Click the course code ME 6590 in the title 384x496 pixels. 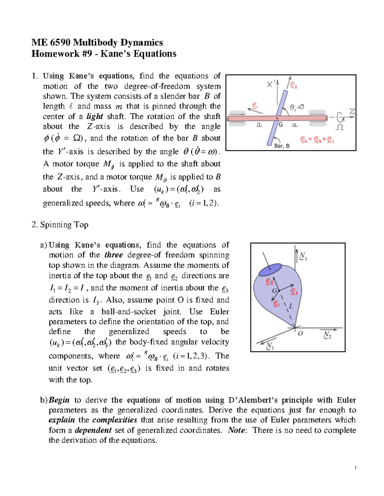click(x=51, y=42)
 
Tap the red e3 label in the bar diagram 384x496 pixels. click(x=293, y=85)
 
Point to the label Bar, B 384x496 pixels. click(x=282, y=146)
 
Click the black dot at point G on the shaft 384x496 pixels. click(x=277, y=118)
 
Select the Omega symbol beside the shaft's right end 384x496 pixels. click(x=340, y=127)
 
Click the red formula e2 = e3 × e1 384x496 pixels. click(x=317, y=140)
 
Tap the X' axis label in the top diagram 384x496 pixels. click(x=271, y=84)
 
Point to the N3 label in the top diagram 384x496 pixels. click(x=303, y=256)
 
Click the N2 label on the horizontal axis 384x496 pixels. click(x=327, y=335)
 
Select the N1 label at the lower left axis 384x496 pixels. click(x=269, y=347)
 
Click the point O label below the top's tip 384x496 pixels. click(x=300, y=333)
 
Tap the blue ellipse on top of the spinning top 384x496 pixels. click(x=270, y=270)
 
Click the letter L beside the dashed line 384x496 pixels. click(x=291, y=306)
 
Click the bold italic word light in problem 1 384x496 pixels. click(x=95, y=116)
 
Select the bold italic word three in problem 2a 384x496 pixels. click(x=114, y=255)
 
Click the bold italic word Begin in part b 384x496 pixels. click(x=59, y=400)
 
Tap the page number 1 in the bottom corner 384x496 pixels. click(x=356, y=468)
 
